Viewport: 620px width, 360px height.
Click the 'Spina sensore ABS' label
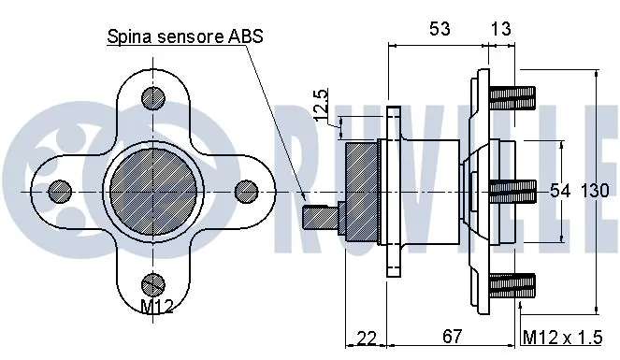185,36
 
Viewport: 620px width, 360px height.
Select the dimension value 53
440,28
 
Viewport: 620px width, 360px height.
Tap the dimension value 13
500,28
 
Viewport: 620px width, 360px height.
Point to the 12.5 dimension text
320,105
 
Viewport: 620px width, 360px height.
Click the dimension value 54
560,192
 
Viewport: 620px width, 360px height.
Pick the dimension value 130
595,192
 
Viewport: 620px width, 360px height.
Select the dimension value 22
367,338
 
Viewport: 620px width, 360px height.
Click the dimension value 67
452,337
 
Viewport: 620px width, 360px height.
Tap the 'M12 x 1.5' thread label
562,338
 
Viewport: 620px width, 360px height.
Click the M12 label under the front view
157,307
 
